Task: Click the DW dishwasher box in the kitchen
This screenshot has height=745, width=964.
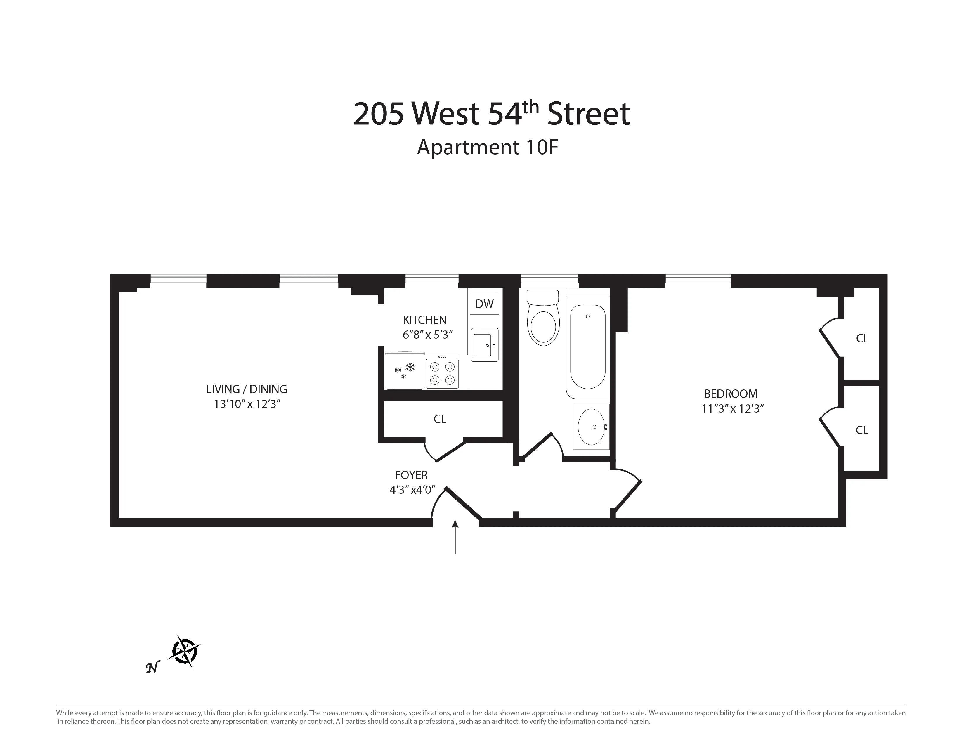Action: click(x=484, y=304)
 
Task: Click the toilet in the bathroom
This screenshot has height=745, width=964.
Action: click(x=543, y=318)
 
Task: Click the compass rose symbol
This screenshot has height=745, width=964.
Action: click(x=185, y=652)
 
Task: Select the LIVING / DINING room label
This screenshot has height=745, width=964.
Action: click(x=246, y=389)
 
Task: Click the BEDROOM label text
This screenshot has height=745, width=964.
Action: click(x=731, y=394)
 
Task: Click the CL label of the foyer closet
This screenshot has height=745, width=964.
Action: click(x=440, y=419)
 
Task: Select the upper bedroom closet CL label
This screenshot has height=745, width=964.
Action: click(x=862, y=339)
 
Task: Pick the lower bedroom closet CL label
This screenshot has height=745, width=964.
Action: click(x=862, y=430)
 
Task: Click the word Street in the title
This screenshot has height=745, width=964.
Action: click(x=588, y=114)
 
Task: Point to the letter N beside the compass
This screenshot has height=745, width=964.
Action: click(x=152, y=668)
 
